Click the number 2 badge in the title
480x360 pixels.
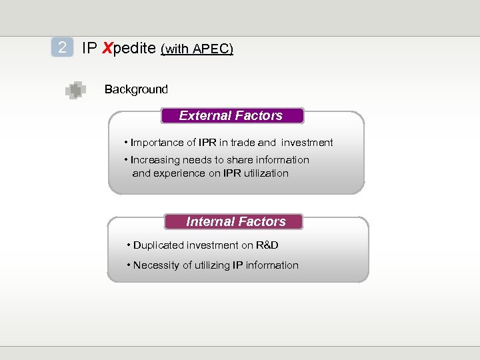(62, 47)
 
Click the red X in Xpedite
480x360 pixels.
(106, 48)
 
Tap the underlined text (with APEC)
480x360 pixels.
(197, 49)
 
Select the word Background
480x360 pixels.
(136, 89)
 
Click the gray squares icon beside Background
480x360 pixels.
(75, 89)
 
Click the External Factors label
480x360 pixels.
(231, 116)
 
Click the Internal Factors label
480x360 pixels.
(235, 222)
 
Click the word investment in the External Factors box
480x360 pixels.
(307, 143)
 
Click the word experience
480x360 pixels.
(177, 173)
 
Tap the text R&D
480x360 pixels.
(267, 245)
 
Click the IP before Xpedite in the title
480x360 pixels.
(89, 48)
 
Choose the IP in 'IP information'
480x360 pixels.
(237, 265)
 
